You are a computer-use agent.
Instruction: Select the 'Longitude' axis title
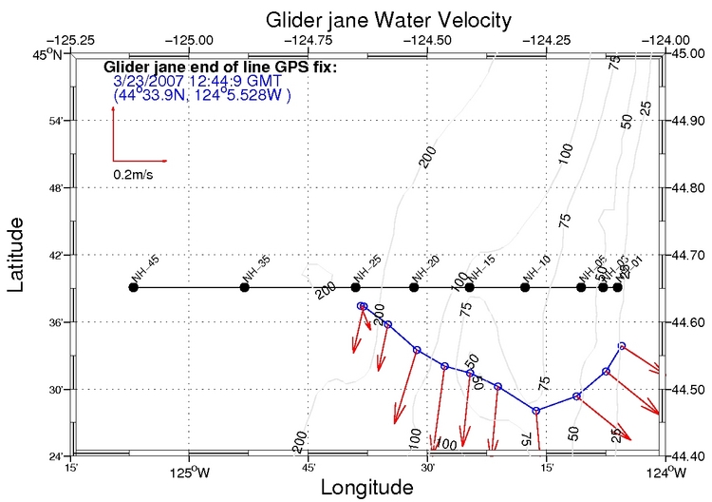pyautogui.click(x=366, y=488)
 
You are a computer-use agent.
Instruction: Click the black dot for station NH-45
pyautogui.click(x=133, y=287)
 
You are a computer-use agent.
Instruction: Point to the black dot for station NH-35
pyautogui.click(x=244, y=287)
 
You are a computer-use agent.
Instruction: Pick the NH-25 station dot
pyautogui.click(x=355, y=287)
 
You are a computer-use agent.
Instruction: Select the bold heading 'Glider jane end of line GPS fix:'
pyautogui.click(x=219, y=68)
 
